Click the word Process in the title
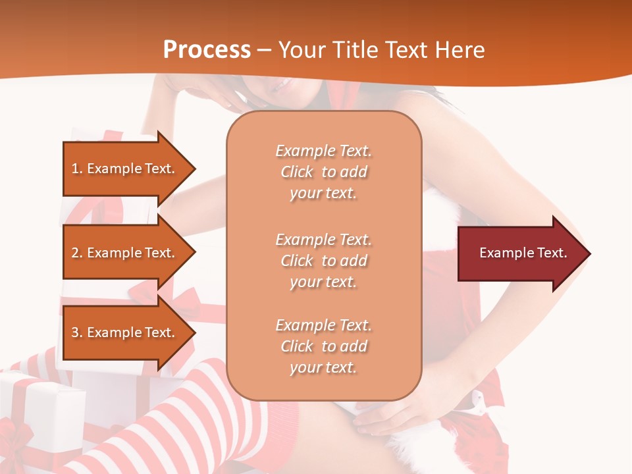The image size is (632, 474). coord(207,50)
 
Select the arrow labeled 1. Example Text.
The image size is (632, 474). coord(125,169)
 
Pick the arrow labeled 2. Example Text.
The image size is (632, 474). coord(125,253)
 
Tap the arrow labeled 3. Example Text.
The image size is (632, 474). coord(125,332)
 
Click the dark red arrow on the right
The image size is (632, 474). coord(520,253)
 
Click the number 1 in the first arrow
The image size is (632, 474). coord(75,169)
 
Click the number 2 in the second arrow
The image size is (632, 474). coord(75,253)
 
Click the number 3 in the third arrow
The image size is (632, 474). coord(75,332)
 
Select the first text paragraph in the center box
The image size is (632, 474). coord(323,172)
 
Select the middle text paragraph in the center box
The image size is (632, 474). coord(323,261)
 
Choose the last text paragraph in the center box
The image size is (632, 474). coord(323,346)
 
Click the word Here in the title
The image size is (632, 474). coord(460,50)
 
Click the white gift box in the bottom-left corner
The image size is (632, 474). coord(39,408)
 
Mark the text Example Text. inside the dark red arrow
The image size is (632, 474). coord(523,253)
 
